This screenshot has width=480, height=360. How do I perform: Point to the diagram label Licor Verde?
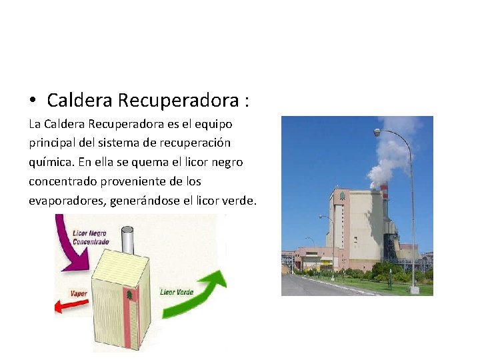pos(177,291)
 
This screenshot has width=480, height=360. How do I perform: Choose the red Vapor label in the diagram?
pos(79,293)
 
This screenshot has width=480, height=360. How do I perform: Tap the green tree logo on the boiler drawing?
pos(129,294)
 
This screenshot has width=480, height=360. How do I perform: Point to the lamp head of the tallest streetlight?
pos(377,133)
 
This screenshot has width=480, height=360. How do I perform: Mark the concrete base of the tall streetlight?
pos(414,290)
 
